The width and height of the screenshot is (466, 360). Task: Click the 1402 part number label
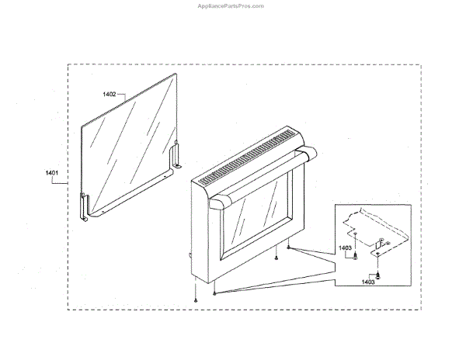(110, 94)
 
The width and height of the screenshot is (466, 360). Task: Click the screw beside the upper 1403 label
(355, 255)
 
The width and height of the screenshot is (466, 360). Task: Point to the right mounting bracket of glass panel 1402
(178, 154)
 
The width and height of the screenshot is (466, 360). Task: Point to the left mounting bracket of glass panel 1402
(85, 205)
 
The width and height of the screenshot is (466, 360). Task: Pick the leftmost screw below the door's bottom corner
(196, 299)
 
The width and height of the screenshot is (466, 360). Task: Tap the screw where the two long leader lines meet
(214, 293)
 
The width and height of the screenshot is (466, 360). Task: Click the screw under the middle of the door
(276, 258)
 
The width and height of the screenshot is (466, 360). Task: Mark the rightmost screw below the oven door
(289, 248)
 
